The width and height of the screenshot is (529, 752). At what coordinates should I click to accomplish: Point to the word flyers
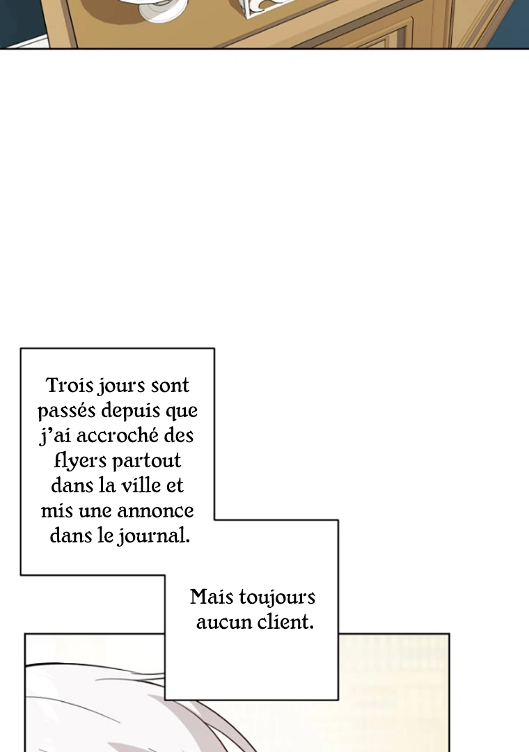[x=79, y=461]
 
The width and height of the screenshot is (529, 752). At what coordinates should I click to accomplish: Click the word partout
[x=146, y=461]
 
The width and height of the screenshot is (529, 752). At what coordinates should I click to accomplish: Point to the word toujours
[x=277, y=598]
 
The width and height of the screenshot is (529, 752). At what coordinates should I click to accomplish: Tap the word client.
[x=285, y=622]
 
